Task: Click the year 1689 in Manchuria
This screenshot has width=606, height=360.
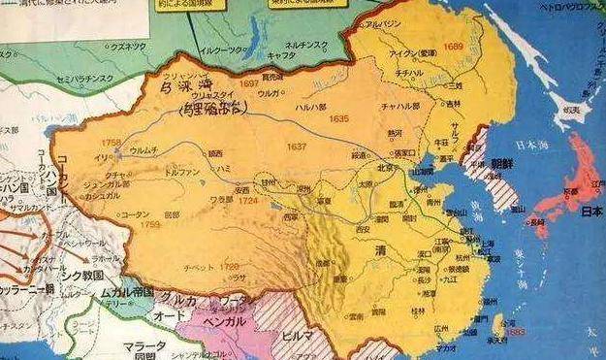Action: click(453, 46)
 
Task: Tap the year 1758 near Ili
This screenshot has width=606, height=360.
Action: click(112, 143)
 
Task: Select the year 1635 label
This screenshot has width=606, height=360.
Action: click(338, 117)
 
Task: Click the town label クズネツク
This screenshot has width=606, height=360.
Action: click(130, 47)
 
